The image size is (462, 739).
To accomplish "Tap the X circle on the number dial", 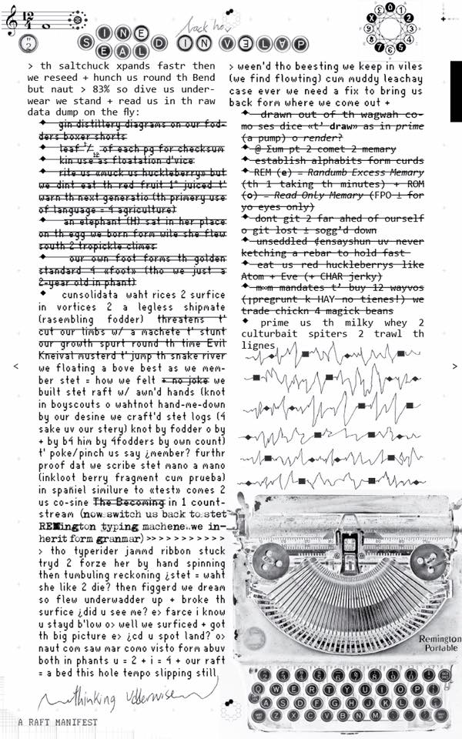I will [x=370, y=16].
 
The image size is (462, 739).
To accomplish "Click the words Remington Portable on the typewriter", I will [x=440, y=644].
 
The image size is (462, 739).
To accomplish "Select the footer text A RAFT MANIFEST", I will [x=59, y=722].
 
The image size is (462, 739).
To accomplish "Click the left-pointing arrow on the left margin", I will [x=15, y=366].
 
